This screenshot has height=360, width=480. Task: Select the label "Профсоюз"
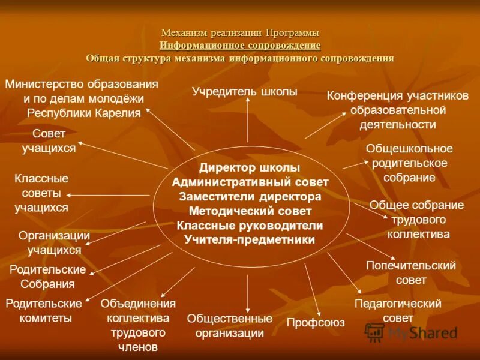pos(315,323)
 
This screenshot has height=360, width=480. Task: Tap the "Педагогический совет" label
pos(398,310)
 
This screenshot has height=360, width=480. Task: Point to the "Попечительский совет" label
pos(411,272)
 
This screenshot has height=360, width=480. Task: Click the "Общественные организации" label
pos(229,326)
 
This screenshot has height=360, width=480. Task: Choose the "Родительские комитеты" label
pos(43,311)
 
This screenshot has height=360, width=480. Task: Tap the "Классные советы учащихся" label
pos(41,193)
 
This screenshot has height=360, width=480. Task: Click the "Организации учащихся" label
pos(54,243)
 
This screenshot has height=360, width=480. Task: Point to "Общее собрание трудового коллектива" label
pos(416,220)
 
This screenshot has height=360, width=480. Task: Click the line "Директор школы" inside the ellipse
pos(250,168)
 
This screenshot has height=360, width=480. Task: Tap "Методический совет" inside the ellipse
pos(250,211)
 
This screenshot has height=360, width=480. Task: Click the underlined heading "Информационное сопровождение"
pos(240,45)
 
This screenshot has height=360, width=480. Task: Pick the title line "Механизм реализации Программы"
pos(240,32)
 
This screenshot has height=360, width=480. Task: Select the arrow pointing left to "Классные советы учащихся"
pos(108,195)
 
